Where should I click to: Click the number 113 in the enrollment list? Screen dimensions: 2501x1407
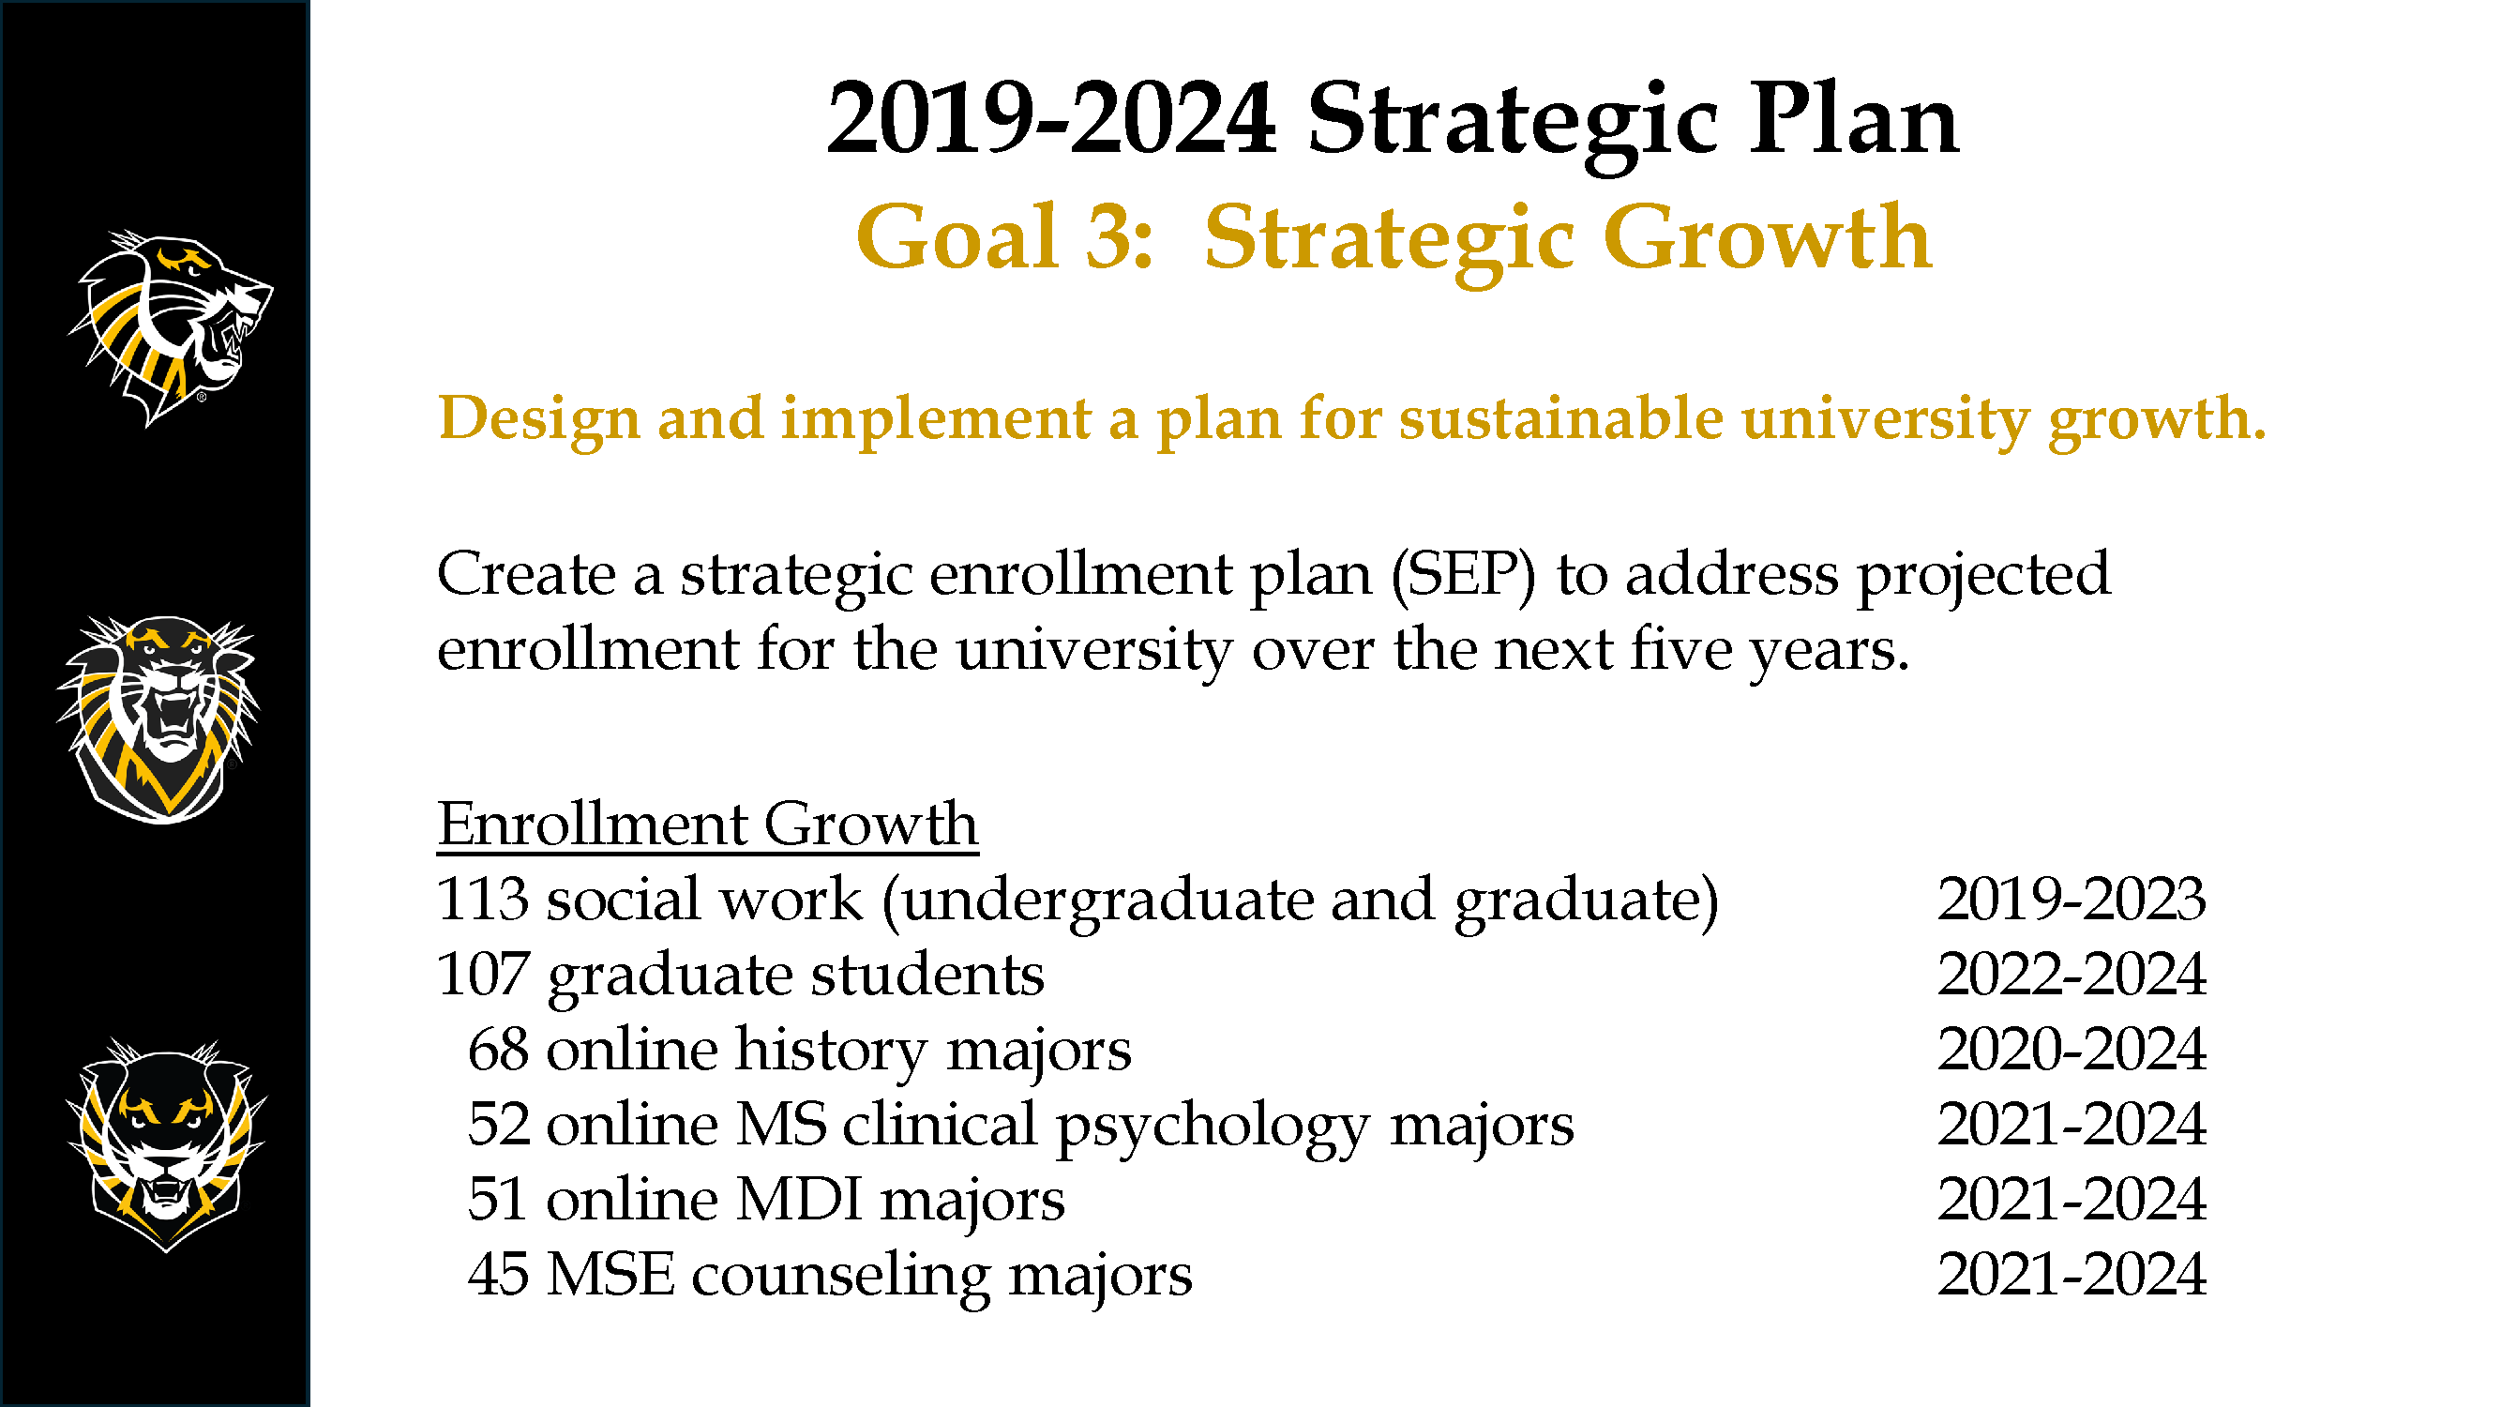coord(483,899)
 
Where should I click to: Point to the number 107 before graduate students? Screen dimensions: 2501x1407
coord(483,973)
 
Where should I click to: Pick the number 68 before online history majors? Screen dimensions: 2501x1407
coord(499,1049)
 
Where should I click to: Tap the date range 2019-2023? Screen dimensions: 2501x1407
coord(2072,899)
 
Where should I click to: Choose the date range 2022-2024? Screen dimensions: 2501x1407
coord(2072,973)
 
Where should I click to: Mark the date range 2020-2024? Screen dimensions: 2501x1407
coord(2072,1049)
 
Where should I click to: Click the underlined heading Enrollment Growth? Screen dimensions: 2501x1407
coord(708,825)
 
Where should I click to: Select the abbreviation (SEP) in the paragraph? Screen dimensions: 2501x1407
coord(1464,575)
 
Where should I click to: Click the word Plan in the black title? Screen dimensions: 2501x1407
coord(1854,119)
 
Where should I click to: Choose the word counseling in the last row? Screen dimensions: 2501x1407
coord(841,1277)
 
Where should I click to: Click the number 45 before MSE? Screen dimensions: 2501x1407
coord(499,1274)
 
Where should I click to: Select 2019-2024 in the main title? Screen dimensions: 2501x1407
coord(1050,119)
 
